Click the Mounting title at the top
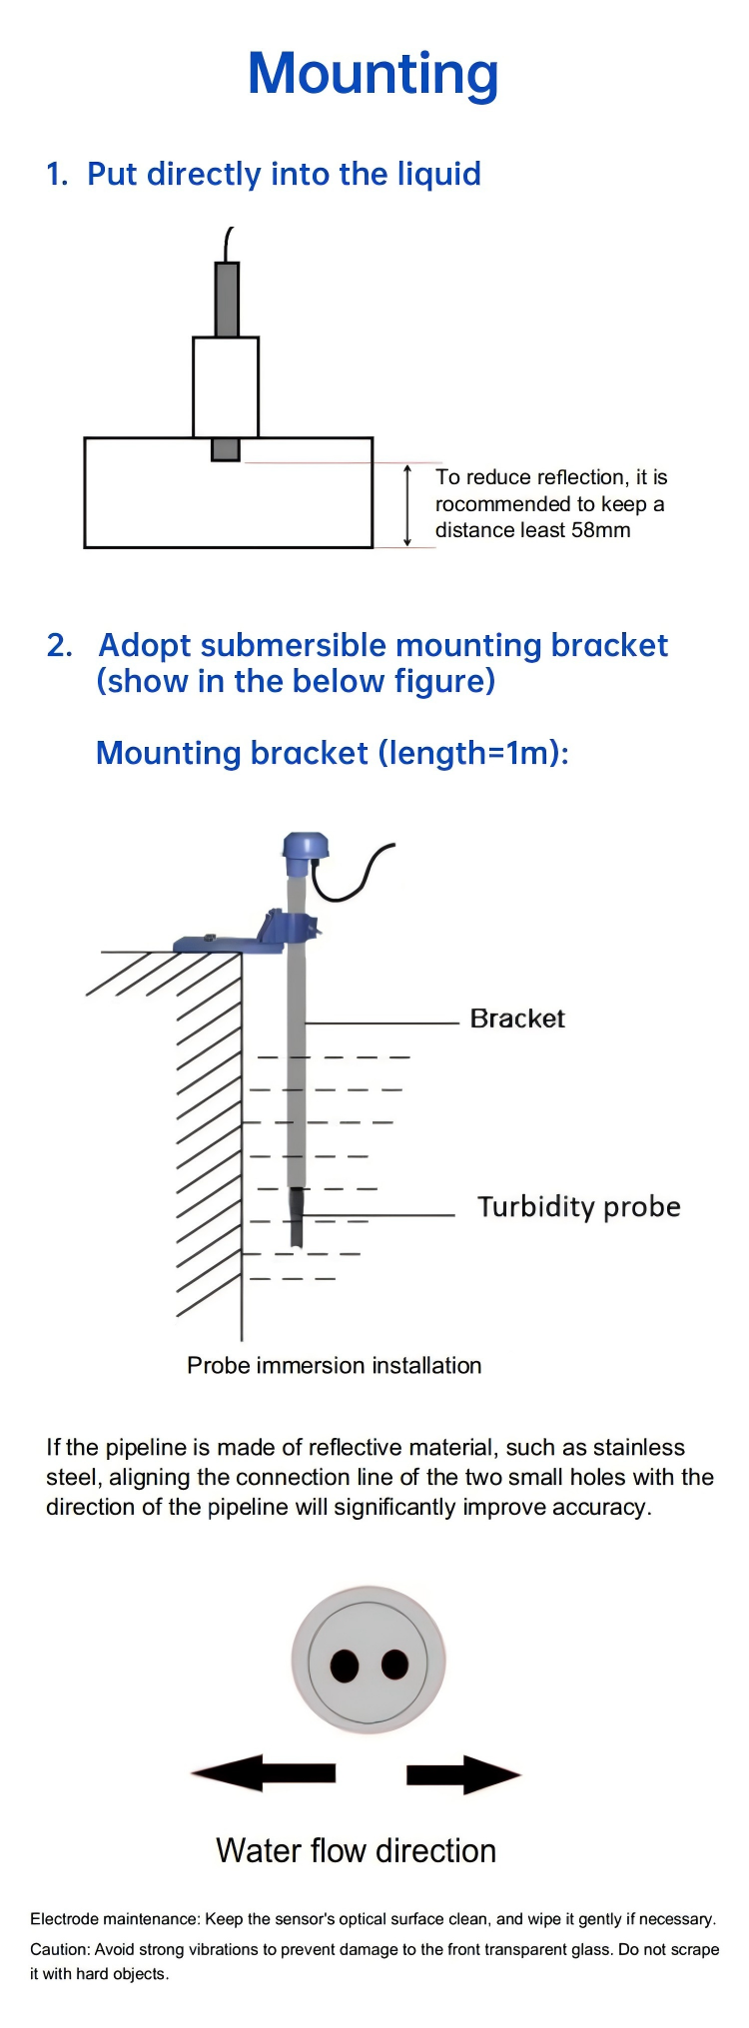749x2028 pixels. click(373, 75)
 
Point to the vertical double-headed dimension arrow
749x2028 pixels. click(407, 505)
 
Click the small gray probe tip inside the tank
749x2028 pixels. click(226, 449)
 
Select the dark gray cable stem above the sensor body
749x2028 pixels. click(227, 300)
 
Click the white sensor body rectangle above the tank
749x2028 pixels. click(226, 386)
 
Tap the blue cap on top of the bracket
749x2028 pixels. click(305, 848)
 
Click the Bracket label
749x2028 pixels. click(516, 1018)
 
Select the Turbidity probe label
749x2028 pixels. click(578, 1206)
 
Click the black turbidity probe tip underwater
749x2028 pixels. click(297, 1216)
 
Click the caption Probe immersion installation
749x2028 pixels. click(334, 1365)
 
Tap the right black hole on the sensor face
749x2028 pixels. click(395, 1664)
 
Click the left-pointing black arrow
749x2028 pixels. click(265, 1773)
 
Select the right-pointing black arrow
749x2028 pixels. click(463, 1774)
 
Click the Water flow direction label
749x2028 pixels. click(356, 1850)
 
